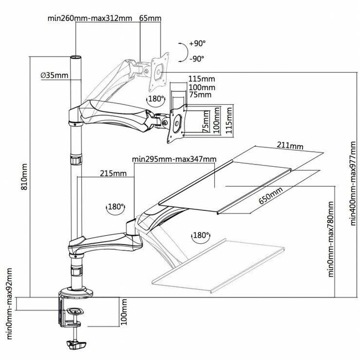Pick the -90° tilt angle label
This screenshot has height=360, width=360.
pos(197,58)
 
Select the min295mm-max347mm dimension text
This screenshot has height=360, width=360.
pos(174,160)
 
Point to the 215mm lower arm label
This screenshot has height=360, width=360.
pos(114,173)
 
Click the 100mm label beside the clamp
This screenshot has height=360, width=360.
pos(124,312)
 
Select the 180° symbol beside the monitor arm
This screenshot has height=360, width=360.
pos(156,99)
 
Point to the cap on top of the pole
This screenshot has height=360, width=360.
pos(74,58)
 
